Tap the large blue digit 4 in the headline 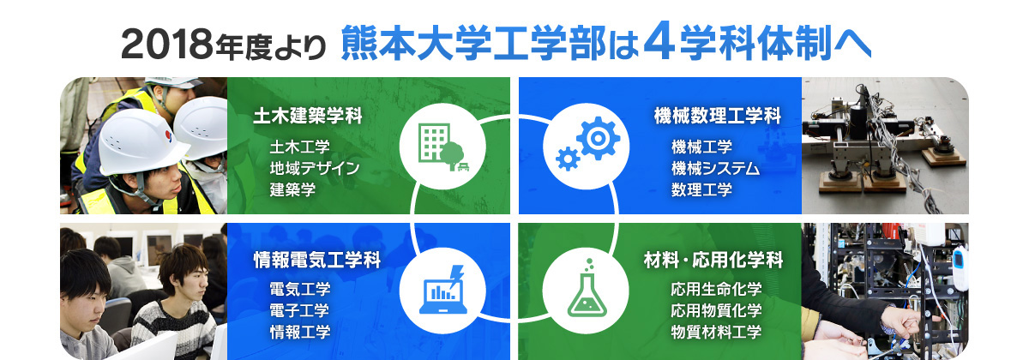659,40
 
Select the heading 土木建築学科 308,116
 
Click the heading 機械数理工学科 718,116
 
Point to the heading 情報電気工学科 317,260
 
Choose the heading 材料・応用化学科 713,260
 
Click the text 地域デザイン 315,169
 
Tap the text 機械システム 715,169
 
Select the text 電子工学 299,310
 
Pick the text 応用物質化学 716,310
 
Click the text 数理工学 701,189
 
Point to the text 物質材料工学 716,332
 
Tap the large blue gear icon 599,138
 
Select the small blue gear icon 568,159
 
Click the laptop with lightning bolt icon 443,290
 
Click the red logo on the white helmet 169,136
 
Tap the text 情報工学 299,332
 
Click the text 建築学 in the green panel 292,189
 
